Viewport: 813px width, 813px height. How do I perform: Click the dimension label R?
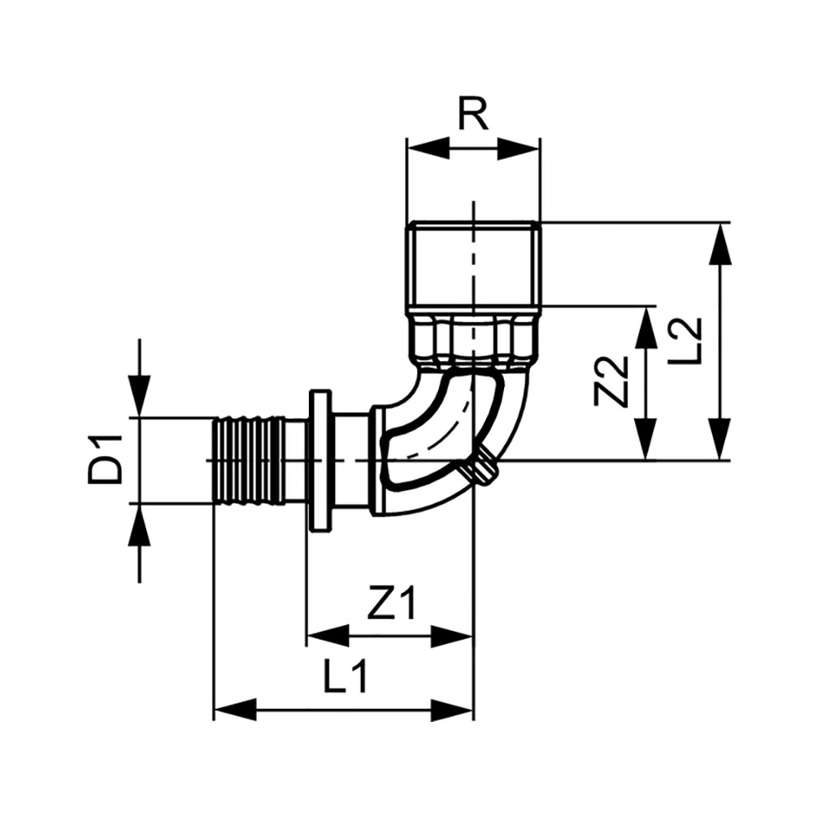pos(472,115)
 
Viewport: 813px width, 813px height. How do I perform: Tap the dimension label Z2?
pos(611,380)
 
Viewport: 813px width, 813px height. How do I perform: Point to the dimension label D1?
pos(106,460)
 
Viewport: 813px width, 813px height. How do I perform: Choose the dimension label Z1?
pos(391,605)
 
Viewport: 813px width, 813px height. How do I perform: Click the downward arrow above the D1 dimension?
pos(141,396)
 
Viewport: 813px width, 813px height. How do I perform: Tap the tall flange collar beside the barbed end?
pos(319,461)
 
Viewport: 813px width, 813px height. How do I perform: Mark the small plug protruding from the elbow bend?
pos(486,466)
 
